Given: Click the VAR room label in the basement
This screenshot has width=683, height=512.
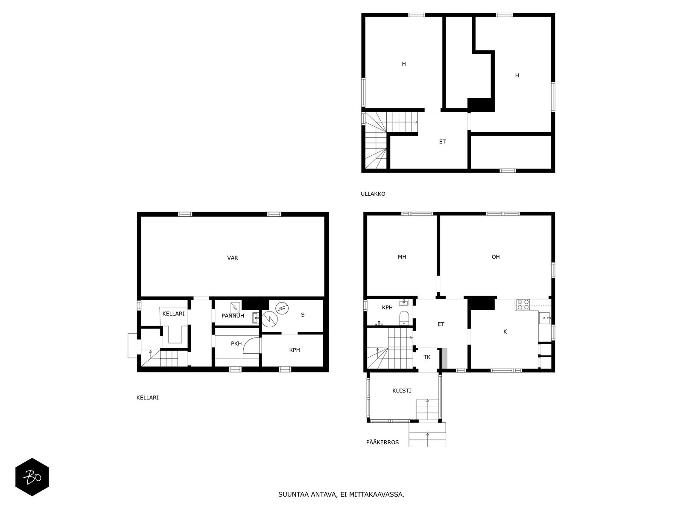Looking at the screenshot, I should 233,258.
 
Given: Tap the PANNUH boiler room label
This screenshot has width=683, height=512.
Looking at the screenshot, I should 233,316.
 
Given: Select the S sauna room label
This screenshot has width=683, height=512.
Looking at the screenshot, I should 303,315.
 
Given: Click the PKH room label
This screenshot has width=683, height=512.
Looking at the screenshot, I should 236,343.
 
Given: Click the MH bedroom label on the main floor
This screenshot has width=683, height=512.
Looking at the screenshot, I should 402,257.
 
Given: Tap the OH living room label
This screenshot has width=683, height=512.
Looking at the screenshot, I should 496,257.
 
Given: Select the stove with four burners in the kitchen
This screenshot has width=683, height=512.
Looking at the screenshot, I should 523,305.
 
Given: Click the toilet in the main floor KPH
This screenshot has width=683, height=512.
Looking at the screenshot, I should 404,318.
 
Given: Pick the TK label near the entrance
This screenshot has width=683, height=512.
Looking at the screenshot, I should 427,357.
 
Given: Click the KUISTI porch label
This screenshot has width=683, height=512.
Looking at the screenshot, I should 402,390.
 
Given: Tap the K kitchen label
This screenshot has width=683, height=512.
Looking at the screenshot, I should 505,332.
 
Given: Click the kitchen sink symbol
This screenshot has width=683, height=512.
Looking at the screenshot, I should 545,318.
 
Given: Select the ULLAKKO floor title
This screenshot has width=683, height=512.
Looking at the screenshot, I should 373,194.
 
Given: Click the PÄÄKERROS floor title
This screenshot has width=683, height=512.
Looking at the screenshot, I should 382,442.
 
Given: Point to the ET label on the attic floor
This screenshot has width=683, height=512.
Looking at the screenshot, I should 442,142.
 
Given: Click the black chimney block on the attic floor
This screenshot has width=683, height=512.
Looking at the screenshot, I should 481,105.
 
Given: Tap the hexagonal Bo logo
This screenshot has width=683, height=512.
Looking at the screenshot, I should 32,477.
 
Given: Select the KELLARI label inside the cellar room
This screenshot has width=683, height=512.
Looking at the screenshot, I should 173,314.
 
